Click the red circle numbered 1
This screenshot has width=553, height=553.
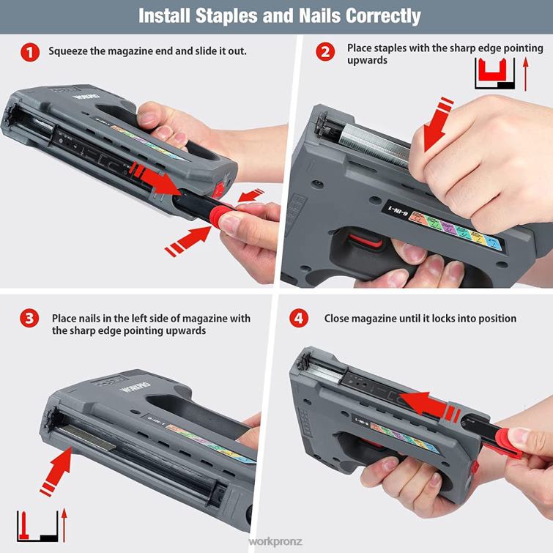[x=30, y=52]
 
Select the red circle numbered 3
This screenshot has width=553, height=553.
[x=30, y=319]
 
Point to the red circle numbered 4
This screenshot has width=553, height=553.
[x=299, y=319]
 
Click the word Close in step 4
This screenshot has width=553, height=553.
[x=338, y=319]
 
